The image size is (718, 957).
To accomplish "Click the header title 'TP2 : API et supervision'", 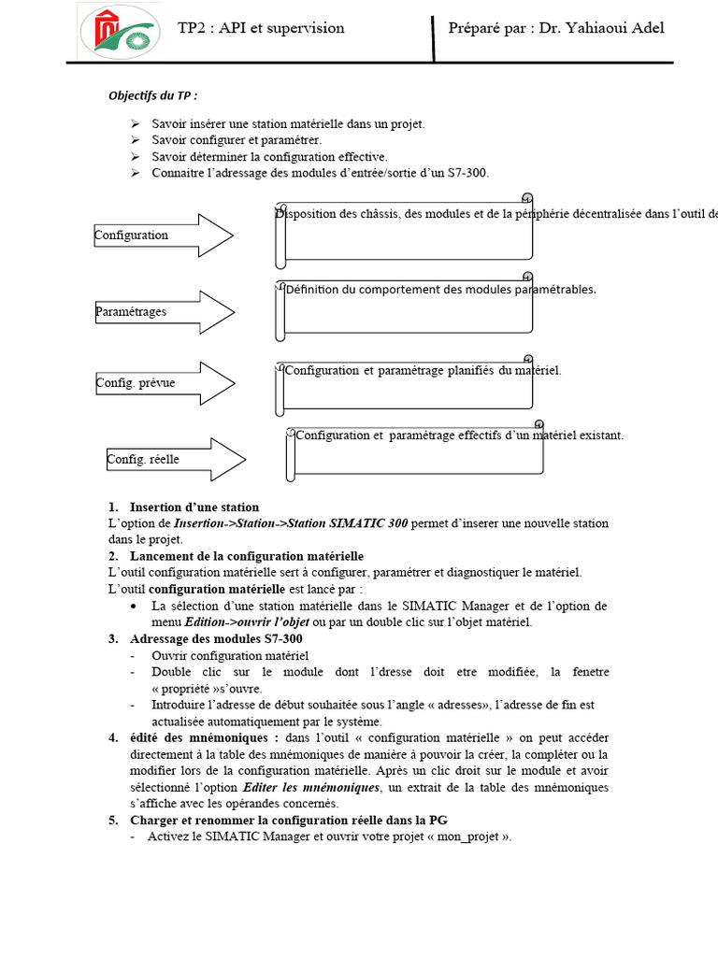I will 261,28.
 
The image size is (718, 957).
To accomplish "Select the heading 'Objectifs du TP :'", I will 153,96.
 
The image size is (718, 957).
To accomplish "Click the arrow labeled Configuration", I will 163,236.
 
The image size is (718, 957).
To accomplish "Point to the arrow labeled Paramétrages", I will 163,311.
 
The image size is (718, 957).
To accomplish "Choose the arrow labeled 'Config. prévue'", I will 165,383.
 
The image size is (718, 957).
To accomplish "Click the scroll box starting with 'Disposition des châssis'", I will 405,229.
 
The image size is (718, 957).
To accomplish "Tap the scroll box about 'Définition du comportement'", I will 405,306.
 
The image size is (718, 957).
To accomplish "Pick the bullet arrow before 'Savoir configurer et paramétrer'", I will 135,140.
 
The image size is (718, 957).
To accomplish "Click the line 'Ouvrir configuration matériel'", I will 229,655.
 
